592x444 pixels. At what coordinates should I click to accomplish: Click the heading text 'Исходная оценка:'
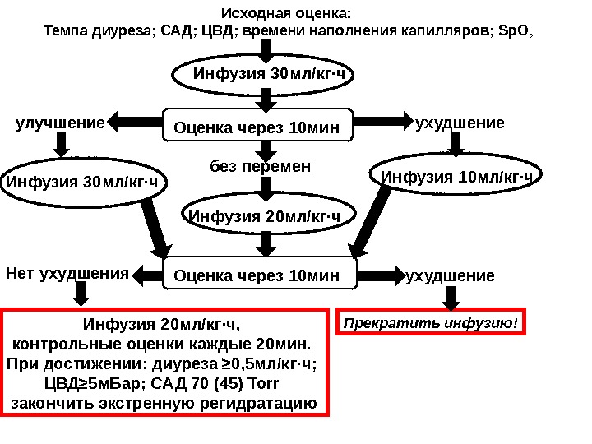click(286, 14)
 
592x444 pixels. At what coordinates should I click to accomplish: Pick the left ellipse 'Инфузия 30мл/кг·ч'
click(82, 181)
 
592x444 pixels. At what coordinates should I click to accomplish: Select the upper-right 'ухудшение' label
click(460, 123)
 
